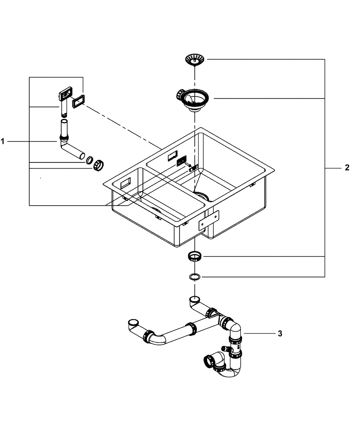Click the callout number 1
click(x=3, y=141)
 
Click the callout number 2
click(x=347, y=168)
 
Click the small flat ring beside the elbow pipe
click(x=89, y=160)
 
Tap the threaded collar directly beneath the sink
click(x=195, y=257)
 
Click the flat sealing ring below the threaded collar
click(x=195, y=276)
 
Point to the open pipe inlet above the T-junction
click(x=195, y=299)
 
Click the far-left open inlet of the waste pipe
click(x=133, y=322)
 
